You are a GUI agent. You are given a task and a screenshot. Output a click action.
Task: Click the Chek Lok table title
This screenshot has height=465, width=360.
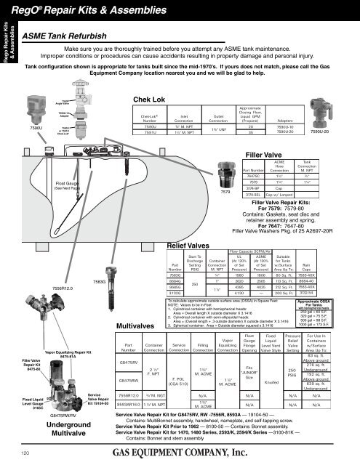point(150,100)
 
